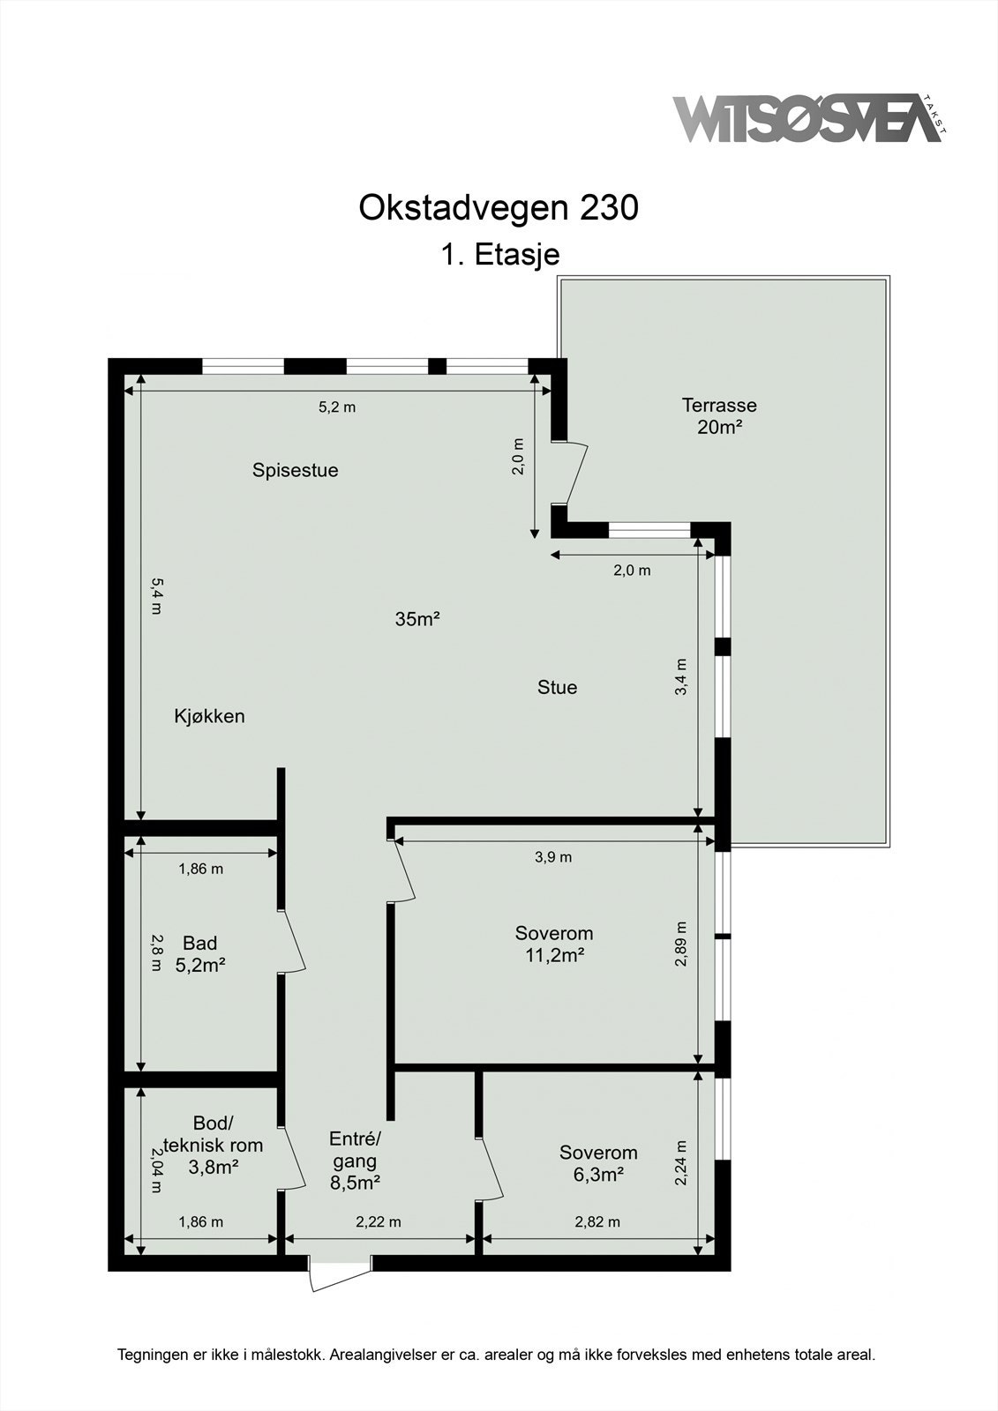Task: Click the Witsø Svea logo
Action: [807, 119]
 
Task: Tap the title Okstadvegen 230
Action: [498, 208]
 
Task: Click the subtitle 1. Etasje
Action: [499, 254]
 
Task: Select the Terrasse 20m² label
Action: [718, 416]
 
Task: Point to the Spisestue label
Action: [295, 470]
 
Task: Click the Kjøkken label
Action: [209, 716]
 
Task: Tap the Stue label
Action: [557, 687]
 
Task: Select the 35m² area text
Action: [417, 619]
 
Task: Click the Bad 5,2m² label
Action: [200, 954]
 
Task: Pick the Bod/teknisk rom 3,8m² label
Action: [214, 1146]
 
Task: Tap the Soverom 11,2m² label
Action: [554, 944]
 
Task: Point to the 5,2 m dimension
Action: [336, 407]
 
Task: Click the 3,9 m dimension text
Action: [553, 857]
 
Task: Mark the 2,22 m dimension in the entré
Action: [379, 1221]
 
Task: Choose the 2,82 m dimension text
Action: [597, 1221]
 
